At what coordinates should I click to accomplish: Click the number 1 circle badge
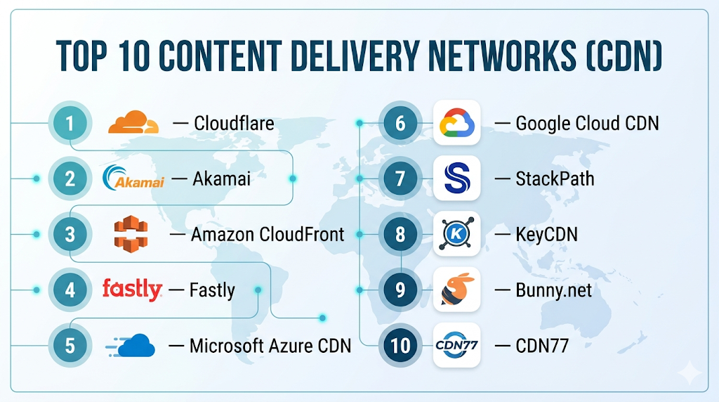pyautogui.click(x=70, y=124)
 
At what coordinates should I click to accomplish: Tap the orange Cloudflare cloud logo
pyautogui.click(x=133, y=123)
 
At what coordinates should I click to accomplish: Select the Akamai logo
pyautogui.click(x=133, y=179)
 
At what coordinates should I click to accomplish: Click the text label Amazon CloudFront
pyautogui.click(x=268, y=234)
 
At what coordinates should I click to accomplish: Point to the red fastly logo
pyautogui.click(x=132, y=289)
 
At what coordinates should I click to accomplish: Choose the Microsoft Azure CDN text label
pyautogui.click(x=270, y=345)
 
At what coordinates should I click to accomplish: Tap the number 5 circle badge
pyautogui.click(x=70, y=345)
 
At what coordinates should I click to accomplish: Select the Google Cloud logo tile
pyautogui.click(x=456, y=123)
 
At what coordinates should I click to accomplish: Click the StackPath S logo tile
pyautogui.click(x=456, y=179)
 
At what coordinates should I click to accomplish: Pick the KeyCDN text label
pyautogui.click(x=546, y=234)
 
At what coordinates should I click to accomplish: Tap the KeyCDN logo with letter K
pyautogui.click(x=456, y=234)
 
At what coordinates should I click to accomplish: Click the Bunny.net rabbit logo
pyautogui.click(x=456, y=290)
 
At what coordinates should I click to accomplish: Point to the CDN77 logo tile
pyautogui.click(x=456, y=345)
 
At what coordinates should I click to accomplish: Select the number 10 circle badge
pyautogui.click(x=400, y=345)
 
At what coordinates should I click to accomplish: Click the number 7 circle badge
pyautogui.click(x=400, y=179)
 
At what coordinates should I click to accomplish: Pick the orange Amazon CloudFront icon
pyautogui.click(x=131, y=234)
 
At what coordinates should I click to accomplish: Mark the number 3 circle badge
pyautogui.click(x=70, y=234)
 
